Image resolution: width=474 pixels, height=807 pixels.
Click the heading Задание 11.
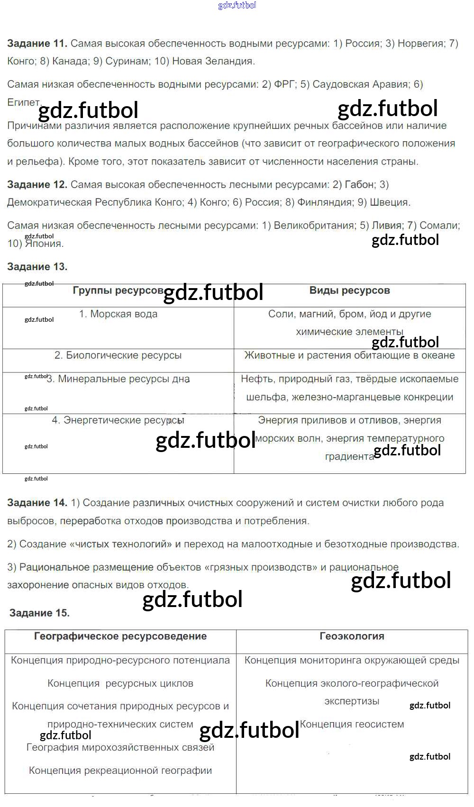coord(37,44)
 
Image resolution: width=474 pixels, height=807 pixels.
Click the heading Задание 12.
coord(37,185)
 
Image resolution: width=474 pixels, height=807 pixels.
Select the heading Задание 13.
coord(37,267)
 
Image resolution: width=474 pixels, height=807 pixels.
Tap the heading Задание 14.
coord(37,503)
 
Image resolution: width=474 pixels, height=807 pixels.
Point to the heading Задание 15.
coord(39,613)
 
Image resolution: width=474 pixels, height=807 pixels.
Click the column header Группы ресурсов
coord(118,290)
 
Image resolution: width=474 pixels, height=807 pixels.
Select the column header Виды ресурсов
coord(349,290)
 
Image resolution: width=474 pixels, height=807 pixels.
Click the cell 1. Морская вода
coord(118,314)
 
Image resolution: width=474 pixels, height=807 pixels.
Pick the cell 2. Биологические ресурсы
coord(118,355)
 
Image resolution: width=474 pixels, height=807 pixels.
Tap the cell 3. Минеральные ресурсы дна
coord(118,379)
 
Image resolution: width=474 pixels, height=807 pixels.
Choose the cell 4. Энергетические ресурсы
coord(118,420)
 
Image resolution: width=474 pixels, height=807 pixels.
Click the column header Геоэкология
coord(352,636)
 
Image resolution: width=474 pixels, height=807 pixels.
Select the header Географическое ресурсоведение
coord(120,636)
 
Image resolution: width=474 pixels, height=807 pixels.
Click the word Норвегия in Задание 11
coord(420,44)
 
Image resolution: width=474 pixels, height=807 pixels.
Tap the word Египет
coord(24,102)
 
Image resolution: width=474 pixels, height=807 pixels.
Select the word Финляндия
coord(325,202)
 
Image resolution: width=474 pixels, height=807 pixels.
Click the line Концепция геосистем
coord(352,725)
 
